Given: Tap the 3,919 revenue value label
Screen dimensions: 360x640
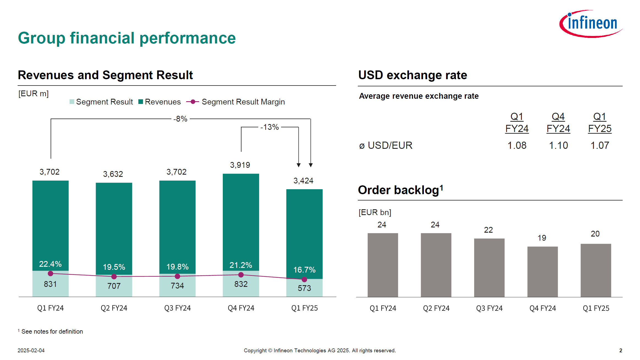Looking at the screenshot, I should [x=240, y=165].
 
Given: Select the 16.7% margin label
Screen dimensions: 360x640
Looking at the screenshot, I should [x=304, y=270].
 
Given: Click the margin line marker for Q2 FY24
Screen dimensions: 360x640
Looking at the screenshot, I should [x=114, y=277].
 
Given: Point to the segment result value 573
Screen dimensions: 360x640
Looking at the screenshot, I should [x=304, y=288].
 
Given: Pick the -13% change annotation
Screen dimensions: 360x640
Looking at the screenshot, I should [x=270, y=127].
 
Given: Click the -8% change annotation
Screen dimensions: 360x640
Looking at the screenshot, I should [x=180, y=119].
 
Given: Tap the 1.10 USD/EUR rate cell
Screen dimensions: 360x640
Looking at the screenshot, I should [x=558, y=145].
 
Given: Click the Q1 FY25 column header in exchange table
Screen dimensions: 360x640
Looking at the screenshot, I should [x=600, y=123].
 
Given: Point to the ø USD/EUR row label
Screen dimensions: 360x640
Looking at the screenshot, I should [x=386, y=145].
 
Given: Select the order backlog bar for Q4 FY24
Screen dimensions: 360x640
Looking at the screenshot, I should [x=542, y=271].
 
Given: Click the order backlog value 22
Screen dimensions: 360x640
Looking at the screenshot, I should [x=488, y=230].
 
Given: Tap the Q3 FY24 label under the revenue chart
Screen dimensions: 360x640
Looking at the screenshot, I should [x=177, y=308].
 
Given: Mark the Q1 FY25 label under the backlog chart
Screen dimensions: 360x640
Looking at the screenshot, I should [x=596, y=308].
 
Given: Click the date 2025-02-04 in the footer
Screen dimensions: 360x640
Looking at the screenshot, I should [x=31, y=350].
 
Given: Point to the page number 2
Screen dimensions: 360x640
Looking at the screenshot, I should [x=620, y=350].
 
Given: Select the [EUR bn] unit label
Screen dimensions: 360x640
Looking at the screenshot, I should [x=375, y=212].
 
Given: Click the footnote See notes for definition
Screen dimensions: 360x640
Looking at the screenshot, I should [x=52, y=331].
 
